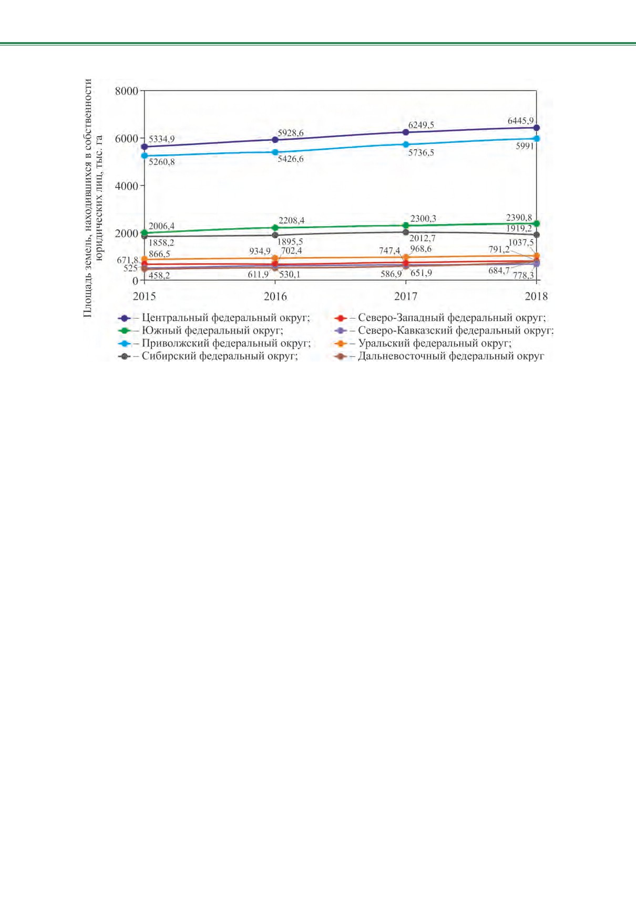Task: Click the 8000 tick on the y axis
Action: [x=126, y=91]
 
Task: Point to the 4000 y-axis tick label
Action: [x=126, y=186]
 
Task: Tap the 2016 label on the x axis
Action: [x=275, y=296]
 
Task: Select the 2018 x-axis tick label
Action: [x=536, y=296]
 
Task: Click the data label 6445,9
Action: [x=521, y=120]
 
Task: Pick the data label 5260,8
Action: [x=161, y=162]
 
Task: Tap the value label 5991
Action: [x=525, y=146]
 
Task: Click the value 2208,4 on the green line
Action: [x=292, y=221]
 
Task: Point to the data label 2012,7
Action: [x=422, y=238]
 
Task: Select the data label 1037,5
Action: [x=521, y=243]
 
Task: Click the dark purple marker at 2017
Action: [x=406, y=132]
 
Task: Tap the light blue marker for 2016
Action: [x=275, y=152]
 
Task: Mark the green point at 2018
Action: [x=536, y=223]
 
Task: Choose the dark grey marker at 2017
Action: [x=406, y=232]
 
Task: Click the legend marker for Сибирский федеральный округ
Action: [x=125, y=356]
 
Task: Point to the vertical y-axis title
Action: [x=93, y=198]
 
